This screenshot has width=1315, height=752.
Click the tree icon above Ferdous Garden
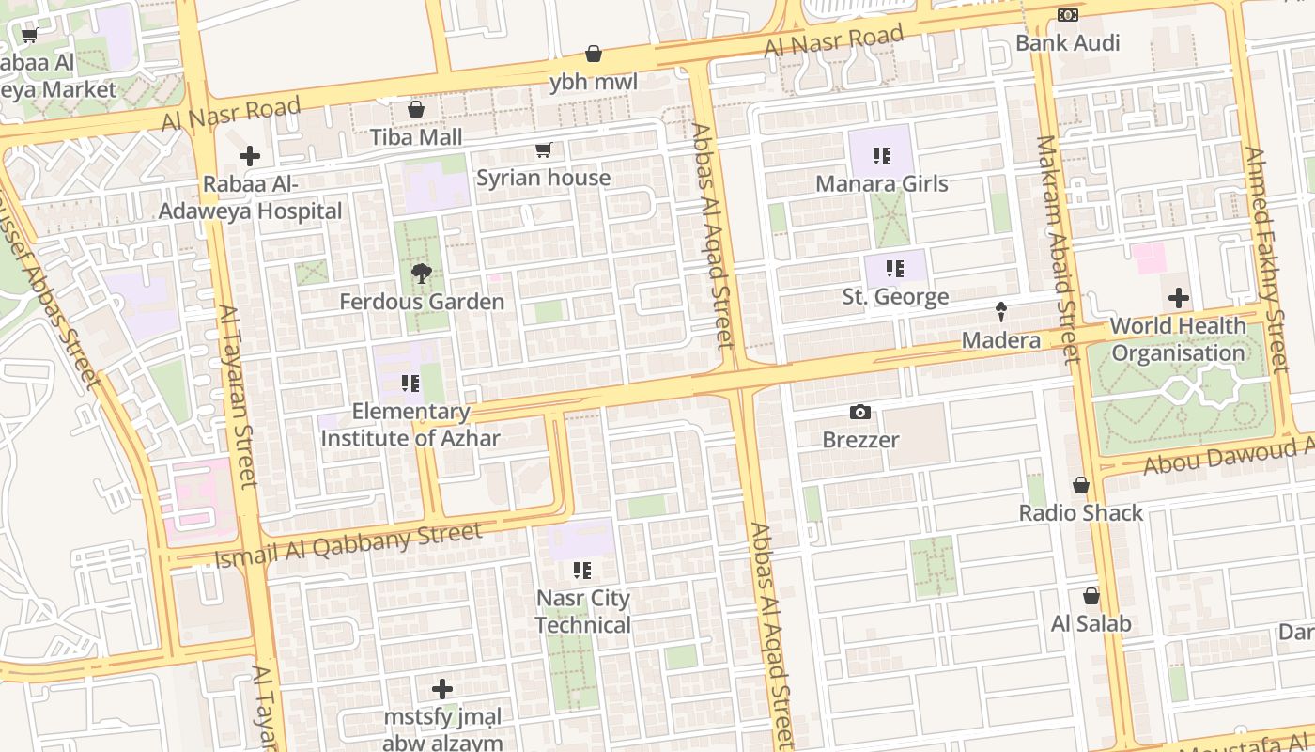pyautogui.click(x=422, y=274)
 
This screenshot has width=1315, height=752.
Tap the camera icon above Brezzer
pyautogui.click(x=859, y=412)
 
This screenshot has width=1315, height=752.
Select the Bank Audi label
pyautogui.click(x=1067, y=43)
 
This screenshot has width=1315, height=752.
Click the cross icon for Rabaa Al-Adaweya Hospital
pyautogui.click(x=250, y=156)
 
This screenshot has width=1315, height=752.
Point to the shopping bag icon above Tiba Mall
pyautogui.click(x=416, y=110)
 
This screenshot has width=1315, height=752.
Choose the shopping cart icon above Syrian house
pyautogui.click(x=543, y=150)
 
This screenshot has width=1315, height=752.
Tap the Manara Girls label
pyautogui.click(x=881, y=183)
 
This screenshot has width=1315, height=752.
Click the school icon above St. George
pyautogui.click(x=894, y=270)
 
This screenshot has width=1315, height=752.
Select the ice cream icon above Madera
pyautogui.click(x=1001, y=312)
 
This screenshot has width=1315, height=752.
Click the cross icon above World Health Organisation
pyautogui.click(x=1178, y=299)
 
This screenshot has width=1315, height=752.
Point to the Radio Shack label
pyautogui.click(x=1081, y=513)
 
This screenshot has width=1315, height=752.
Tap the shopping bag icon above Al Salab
pyautogui.click(x=1091, y=596)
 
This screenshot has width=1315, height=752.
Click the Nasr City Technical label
pyautogui.click(x=583, y=612)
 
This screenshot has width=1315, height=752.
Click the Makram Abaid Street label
pyautogui.click(x=1058, y=249)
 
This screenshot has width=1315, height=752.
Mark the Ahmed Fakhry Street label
pyautogui.click(x=1266, y=258)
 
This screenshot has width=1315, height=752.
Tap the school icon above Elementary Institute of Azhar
pyautogui.click(x=410, y=384)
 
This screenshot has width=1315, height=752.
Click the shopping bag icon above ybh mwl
pyautogui.click(x=594, y=55)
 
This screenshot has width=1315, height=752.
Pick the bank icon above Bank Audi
pyautogui.click(x=1067, y=15)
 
